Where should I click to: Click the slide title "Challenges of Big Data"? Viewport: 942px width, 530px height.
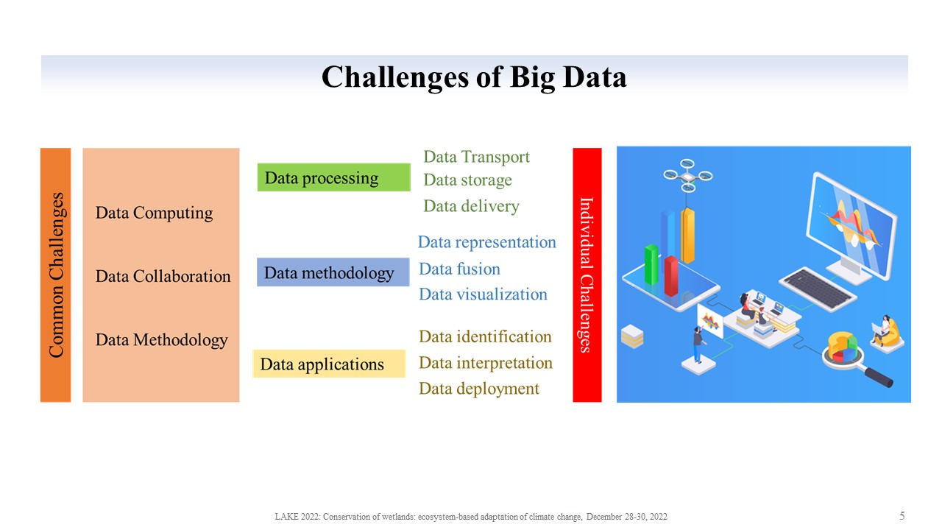pos(474,77)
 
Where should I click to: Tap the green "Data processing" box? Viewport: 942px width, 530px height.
pos(334,177)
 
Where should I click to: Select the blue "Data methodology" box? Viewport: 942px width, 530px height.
pos(333,272)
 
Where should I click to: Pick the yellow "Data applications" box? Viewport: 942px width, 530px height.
pos(329,364)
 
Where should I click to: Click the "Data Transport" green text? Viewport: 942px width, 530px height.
pos(476,157)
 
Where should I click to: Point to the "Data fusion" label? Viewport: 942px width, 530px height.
pos(460,269)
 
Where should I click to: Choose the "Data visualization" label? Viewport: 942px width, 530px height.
pos(484,294)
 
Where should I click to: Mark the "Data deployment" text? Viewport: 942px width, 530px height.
pos(479,389)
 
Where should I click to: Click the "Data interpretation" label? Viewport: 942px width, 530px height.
pos(486,363)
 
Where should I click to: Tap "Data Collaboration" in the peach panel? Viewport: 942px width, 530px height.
pos(163,276)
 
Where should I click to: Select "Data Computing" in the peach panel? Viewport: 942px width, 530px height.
pos(154,213)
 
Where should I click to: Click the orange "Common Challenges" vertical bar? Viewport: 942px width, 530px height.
pos(55,275)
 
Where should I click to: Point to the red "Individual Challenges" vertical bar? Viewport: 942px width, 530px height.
pos(587,275)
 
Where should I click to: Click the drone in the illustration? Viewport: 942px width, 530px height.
pos(687,175)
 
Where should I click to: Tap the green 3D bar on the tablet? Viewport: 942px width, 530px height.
pos(651,264)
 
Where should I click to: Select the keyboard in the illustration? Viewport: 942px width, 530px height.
pos(818,289)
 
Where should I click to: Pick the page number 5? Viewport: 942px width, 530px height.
pos(902,516)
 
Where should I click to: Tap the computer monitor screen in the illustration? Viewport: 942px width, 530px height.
pos(851,225)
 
